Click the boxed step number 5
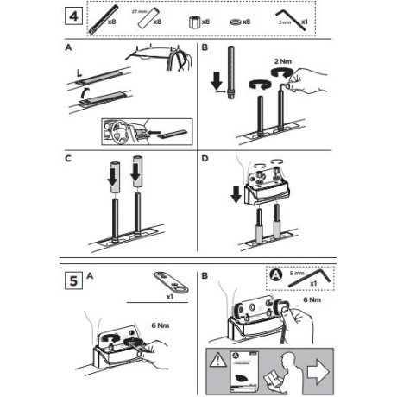coord(76,280)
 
